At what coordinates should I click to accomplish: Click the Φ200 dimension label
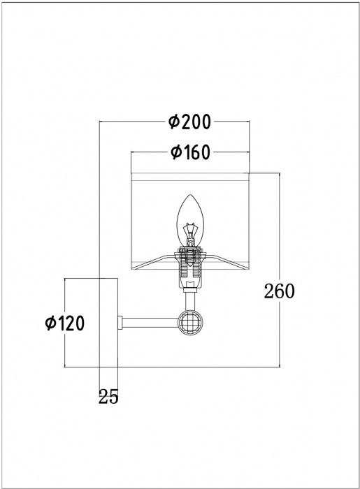(x=189, y=122)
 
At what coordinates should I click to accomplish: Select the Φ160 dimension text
(x=190, y=152)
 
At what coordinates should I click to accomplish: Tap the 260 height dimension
(x=279, y=291)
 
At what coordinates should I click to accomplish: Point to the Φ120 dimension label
(x=64, y=323)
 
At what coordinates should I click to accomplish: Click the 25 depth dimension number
(x=108, y=397)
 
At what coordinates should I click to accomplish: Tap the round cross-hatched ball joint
(x=191, y=323)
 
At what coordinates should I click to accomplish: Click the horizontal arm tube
(x=150, y=323)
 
